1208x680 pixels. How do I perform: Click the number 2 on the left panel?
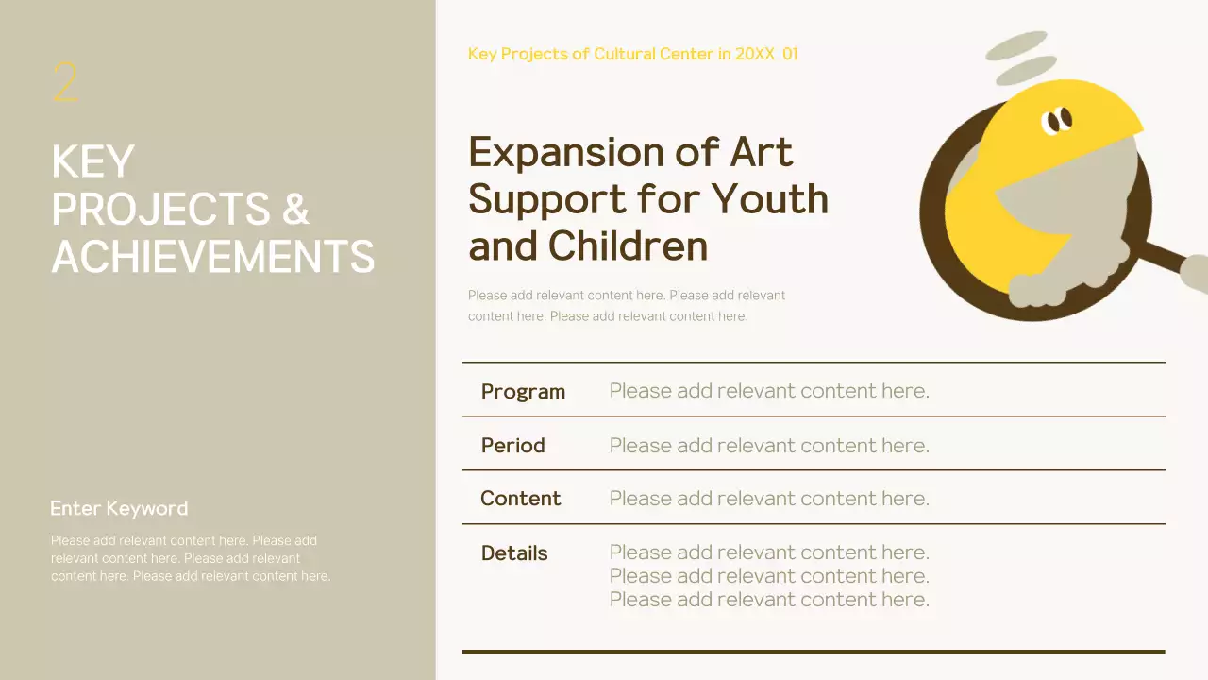click(65, 83)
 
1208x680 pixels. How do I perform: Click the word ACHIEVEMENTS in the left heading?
click(212, 257)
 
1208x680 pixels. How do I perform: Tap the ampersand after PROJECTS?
click(295, 210)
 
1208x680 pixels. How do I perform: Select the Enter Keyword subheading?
click(119, 508)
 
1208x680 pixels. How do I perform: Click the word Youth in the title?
click(769, 199)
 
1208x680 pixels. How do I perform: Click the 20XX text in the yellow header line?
click(754, 54)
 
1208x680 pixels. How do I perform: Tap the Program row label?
click(523, 391)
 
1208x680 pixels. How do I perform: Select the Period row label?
click(512, 445)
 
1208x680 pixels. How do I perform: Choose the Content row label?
click(520, 499)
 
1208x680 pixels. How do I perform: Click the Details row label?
click(513, 553)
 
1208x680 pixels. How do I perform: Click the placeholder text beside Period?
click(769, 445)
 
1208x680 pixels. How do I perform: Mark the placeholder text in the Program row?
click(769, 391)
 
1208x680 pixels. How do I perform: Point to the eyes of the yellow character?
click(1057, 119)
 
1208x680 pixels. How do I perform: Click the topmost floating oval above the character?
click(1015, 44)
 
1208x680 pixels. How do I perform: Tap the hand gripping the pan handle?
click(1194, 272)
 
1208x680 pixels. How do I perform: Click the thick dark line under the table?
click(814, 651)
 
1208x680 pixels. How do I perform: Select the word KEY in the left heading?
click(92, 162)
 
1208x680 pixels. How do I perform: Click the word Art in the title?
click(762, 152)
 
